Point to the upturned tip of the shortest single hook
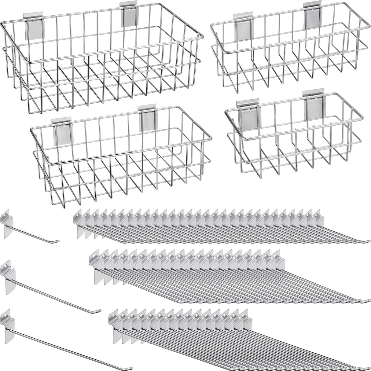(58, 241)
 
